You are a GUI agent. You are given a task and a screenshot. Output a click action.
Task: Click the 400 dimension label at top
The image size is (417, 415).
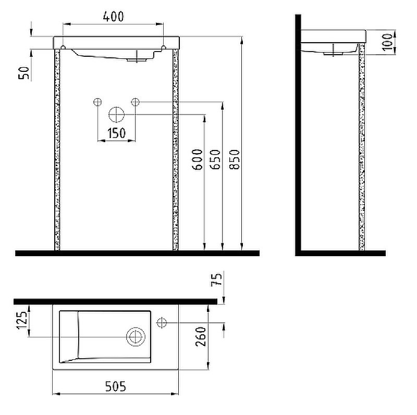[113, 17]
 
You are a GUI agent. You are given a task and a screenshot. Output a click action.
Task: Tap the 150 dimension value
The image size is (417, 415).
[116, 133]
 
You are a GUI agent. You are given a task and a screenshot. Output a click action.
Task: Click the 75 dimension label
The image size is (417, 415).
[219, 282]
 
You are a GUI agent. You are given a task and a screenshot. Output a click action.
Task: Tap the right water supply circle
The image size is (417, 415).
[136, 102]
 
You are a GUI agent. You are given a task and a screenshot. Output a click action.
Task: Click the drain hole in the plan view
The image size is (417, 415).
[136, 337]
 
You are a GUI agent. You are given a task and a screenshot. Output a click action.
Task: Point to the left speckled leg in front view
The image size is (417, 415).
[57, 151]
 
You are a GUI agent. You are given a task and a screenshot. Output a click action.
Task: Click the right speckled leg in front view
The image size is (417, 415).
[175, 151]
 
